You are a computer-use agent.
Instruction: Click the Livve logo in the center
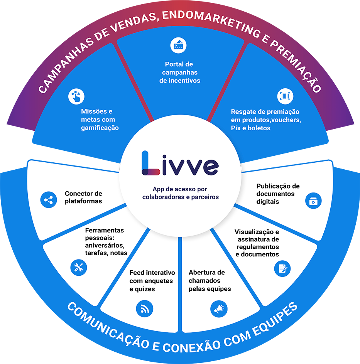point(180,163)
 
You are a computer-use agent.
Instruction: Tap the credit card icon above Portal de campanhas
point(178,45)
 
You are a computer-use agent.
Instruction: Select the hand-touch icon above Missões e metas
point(76,96)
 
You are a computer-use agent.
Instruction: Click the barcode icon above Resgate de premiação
point(286,96)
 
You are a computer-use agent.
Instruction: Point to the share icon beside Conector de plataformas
point(49,200)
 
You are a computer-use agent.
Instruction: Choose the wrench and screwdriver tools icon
point(79,267)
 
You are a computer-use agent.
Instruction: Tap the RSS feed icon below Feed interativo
point(145,308)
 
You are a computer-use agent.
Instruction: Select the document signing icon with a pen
point(282,268)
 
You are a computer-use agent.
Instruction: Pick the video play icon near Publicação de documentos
point(313,201)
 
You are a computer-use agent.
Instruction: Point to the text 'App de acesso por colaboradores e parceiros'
point(180,193)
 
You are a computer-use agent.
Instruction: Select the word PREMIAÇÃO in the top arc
point(293,66)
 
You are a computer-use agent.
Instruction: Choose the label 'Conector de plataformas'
point(83,197)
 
